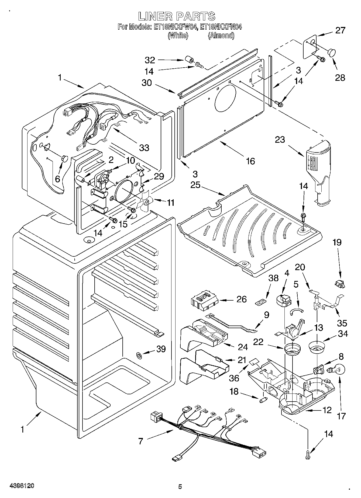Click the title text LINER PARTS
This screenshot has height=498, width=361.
(177, 16)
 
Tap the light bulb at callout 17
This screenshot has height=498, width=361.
(334, 370)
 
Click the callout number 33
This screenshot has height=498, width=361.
(144, 147)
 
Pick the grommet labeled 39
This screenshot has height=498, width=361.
(139, 356)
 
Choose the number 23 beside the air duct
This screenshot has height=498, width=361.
(280, 140)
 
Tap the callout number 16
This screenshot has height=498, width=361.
(250, 161)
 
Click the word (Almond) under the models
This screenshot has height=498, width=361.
(221, 36)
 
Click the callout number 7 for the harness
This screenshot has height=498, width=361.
(140, 441)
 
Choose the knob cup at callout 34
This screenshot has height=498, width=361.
(317, 347)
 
